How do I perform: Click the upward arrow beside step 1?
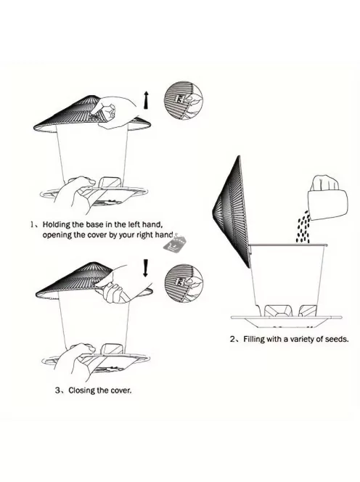point(147,99)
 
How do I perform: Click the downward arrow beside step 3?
point(146,268)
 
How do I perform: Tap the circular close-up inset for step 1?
point(184,100)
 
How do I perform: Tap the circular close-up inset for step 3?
point(184,283)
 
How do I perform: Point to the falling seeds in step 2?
point(303,227)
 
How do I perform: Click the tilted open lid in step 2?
point(232,211)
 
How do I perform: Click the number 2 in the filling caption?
point(232,340)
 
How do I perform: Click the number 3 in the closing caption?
point(57,391)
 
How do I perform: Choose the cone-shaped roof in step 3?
point(92,279)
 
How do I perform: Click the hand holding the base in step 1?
point(74,194)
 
